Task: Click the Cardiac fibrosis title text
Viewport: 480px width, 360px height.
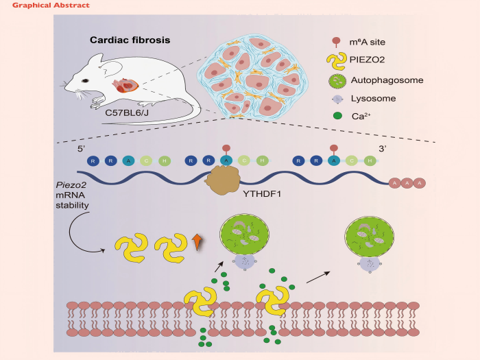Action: pos(130,40)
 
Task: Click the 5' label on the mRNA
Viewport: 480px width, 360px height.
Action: pos(80,146)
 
